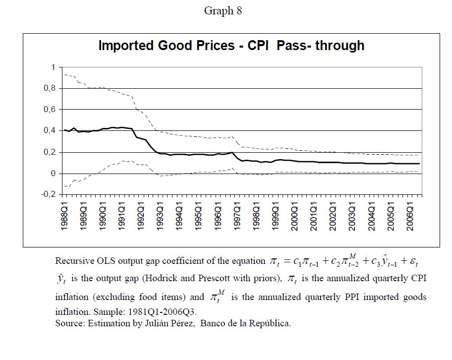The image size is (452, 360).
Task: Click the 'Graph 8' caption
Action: pos(223,11)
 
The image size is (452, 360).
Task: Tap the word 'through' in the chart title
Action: pos(340,46)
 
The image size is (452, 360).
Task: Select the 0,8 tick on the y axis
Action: pos(50,88)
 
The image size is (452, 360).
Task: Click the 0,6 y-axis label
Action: pos(50,110)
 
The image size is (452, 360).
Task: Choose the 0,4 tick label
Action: pos(50,131)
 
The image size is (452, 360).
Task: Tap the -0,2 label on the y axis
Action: pos(48,195)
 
